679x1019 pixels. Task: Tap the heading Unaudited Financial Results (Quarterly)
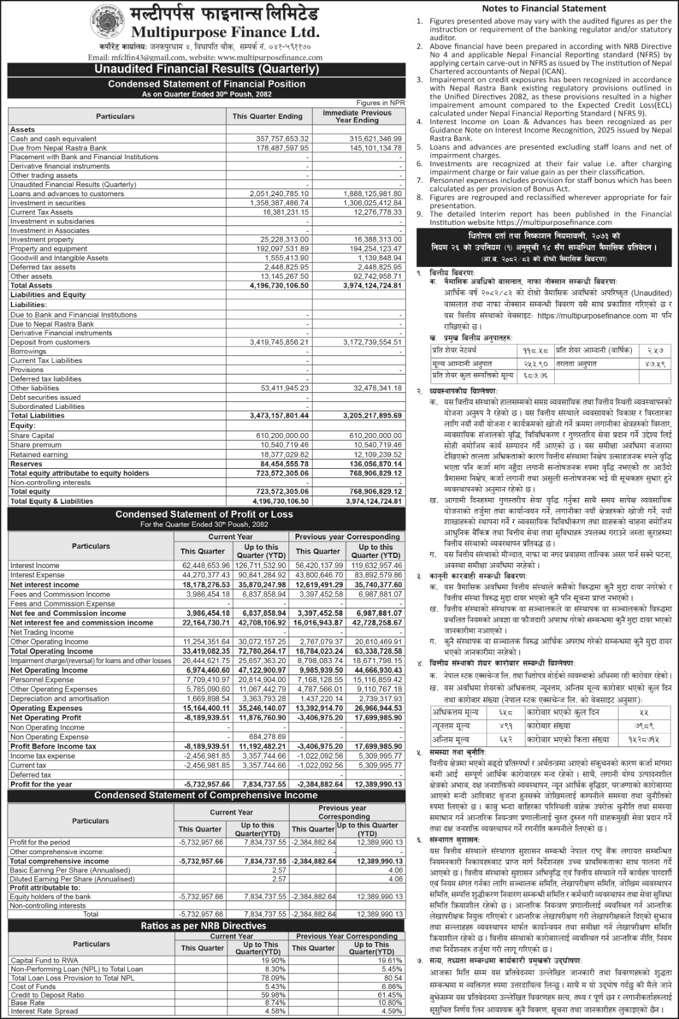pyautogui.click(x=207, y=69)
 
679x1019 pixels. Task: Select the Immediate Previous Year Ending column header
pyautogui.click(x=358, y=116)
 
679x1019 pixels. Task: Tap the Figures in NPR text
pyautogui.click(x=380, y=103)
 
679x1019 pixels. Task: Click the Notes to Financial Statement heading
pyautogui.click(x=544, y=8)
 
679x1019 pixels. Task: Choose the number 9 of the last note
pyautogui.click(x=420, y=214)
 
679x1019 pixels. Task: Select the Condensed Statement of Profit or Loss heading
pyautogui.click(x=204, y=514)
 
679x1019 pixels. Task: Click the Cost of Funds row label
pyautogui.click(x=33, y=986)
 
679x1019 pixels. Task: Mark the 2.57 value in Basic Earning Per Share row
pyautogui.click(x=279, y=870)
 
